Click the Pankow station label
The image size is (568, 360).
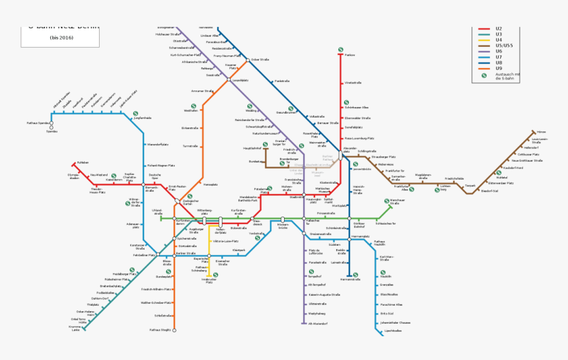(x=350, y=55)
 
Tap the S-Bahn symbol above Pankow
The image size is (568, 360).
(x=341, y=48)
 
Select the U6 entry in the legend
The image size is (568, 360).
(x=499, y=51)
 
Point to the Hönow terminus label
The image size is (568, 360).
(x=542, y=132)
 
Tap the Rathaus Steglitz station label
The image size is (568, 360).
(x=160, y=329)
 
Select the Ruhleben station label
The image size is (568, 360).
(x=83, y=162)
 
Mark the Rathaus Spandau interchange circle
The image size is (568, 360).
(x=52, y=124)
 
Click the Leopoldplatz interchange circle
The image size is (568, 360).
(x=229, y=80)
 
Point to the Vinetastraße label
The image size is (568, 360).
(x=353, y=83)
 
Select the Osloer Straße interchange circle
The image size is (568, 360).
(x=248, y=60)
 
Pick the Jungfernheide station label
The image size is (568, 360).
(x=143, y=118)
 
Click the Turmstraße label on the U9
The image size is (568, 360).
(x=190, y=146)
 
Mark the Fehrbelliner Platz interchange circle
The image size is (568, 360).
(x=158, y=255)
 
